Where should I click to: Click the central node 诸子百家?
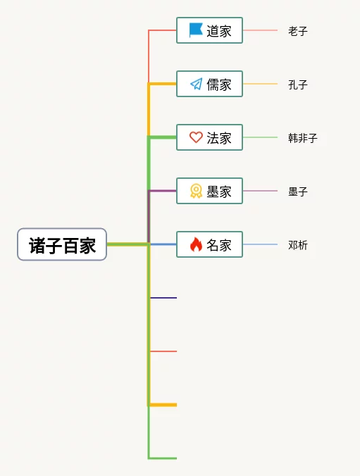(62, 244)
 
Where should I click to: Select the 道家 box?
(210, 30)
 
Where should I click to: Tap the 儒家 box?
(210, 84)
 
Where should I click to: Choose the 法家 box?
(210, 137)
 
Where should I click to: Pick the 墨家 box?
(210, 191)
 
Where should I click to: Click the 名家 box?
(210, 244)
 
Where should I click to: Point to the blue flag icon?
(196, 30)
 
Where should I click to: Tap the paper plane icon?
(197, 84)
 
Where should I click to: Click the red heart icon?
(196, 137)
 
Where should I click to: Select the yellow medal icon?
(196, 191)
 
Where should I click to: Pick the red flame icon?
(196, 244)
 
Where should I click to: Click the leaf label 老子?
(298, 31)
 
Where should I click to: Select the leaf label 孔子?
(298, 84)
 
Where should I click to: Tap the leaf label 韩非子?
(302, 138)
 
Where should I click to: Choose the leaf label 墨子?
(298, 192)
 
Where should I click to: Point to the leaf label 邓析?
(298, 245)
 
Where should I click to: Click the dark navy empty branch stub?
(163, 298)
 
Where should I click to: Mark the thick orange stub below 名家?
(163, 405)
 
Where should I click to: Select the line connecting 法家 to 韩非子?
(260, 137)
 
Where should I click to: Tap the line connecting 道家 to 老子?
(260, 30)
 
